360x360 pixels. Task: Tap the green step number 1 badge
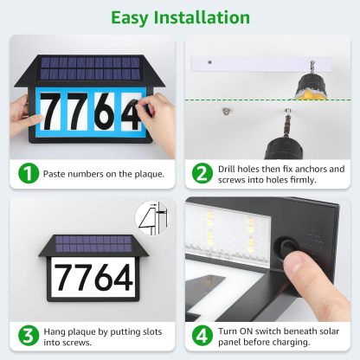(29, 174)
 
